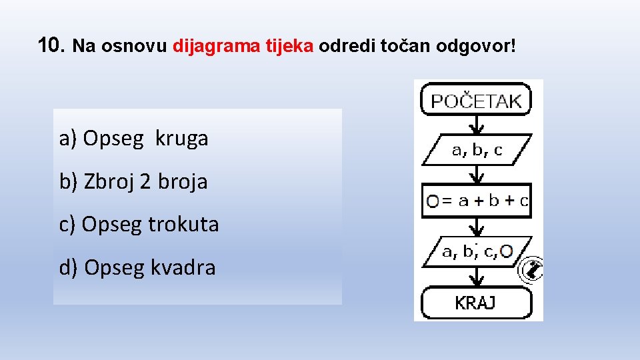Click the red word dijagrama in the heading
[x=209, y=47]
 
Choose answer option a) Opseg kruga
[x=134, y=139]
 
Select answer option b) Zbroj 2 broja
[x=133, y=181]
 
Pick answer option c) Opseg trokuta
[x=139, y=225]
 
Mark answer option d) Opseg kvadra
[x=137, y=268]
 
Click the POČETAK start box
[x=476, y=101]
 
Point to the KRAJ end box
[x=476, y=303]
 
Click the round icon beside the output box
[x=532, y=270]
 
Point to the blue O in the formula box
[x=433, y=201]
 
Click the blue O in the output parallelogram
[x=506, y=251]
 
